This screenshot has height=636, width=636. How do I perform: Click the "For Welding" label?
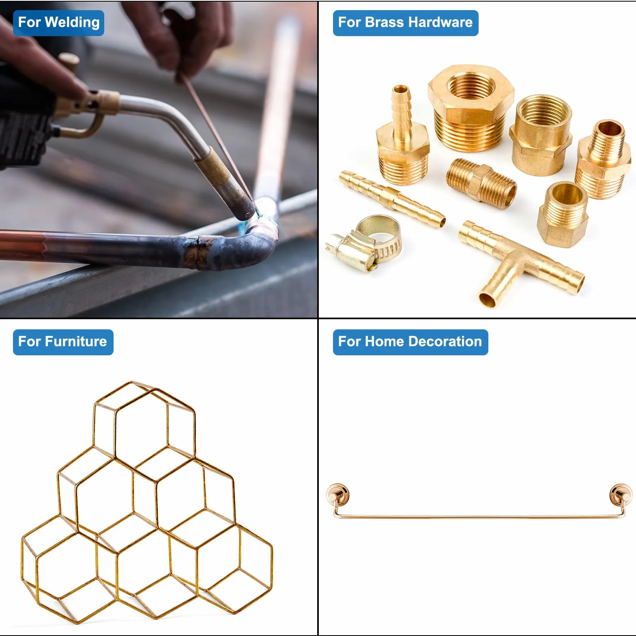pos(58,23)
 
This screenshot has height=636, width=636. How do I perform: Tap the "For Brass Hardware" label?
pos(406,23)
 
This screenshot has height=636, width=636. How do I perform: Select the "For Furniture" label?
pos(63,342)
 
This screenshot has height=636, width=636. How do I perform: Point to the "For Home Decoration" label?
pos(410,342)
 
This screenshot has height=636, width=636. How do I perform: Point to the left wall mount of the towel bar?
pos(337,495)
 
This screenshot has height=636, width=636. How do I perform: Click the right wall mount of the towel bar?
pos(621,495)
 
